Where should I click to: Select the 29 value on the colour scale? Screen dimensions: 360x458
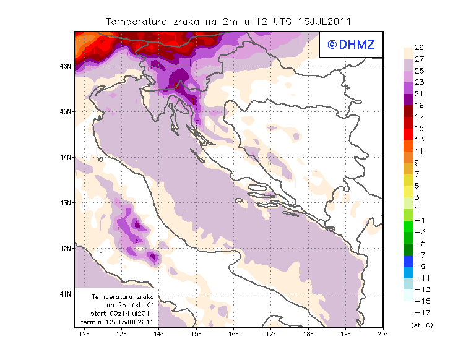pyautogui.click(x=419, y=48)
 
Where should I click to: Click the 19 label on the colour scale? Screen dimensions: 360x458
pyautogui.click(x=419, y=105)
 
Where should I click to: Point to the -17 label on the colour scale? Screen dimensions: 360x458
pyautogui.click(x=419, y=312)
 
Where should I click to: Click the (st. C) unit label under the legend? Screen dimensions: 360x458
pyautogui.click(x=421, y=325)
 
